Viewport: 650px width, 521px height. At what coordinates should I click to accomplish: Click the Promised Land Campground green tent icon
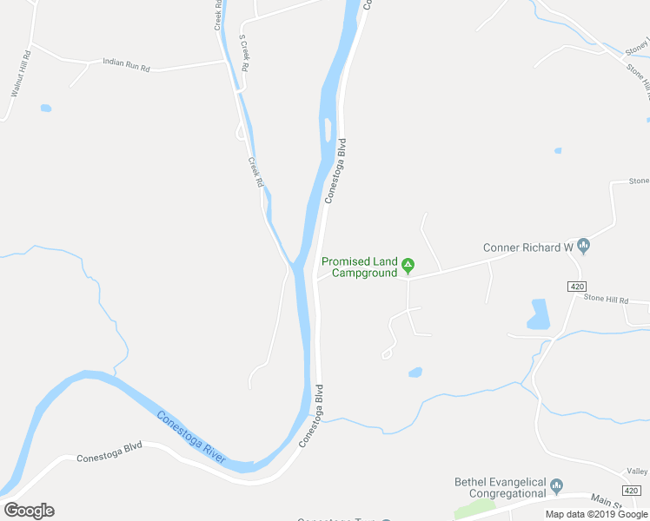tap(407, 265)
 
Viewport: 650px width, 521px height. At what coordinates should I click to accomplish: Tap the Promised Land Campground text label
tap(360, 267)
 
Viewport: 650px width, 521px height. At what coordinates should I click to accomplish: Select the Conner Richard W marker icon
tap(584, 247)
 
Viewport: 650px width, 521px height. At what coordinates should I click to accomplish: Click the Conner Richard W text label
tap(528, 247)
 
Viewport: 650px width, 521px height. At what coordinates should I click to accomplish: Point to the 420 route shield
tap(577, 286)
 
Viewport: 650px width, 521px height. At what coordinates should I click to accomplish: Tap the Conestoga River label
tap(191, 437)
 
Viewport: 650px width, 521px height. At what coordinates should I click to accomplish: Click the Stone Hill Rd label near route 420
tap(606, 298)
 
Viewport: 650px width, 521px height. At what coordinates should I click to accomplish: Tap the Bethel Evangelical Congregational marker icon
tap(557, 485)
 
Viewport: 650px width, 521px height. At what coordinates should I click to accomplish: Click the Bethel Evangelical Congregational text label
tap(500, 488)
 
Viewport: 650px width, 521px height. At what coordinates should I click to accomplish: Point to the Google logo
tap(29, 511)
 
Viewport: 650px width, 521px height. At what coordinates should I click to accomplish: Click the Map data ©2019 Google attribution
tap(596, 514)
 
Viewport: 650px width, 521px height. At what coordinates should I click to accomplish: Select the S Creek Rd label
tap(244, 54)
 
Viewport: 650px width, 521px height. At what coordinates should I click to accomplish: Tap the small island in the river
tap(327, 129)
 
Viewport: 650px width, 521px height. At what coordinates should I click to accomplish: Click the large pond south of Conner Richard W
tap(538, 315)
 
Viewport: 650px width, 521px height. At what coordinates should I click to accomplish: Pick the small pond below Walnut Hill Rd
tap(45, 109)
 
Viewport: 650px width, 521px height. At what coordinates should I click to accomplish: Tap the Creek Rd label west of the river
tap(255, 172)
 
